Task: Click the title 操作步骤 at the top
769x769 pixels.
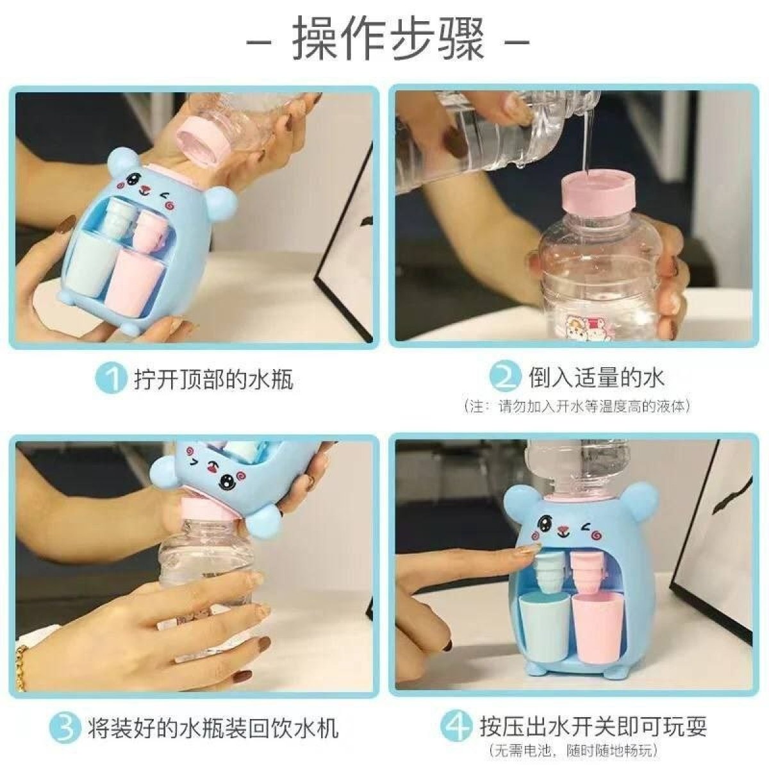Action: pos(388,40)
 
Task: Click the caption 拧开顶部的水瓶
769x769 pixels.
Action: pos(213,379)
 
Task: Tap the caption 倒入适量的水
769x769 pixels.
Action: pos(597,377)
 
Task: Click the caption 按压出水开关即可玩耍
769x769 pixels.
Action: pos(593,727)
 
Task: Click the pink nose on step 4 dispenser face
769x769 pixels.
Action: pos(564,531)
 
